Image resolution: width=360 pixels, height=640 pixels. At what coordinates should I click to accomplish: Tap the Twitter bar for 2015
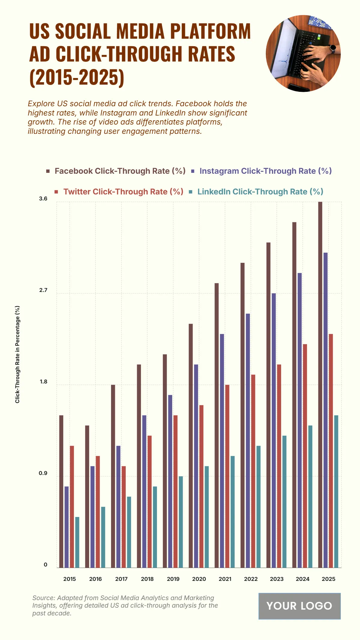pos(72,507)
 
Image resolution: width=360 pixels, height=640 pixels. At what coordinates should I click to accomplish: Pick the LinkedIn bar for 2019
pos(181,522)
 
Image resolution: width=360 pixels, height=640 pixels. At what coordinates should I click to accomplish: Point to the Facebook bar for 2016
pos(87,497)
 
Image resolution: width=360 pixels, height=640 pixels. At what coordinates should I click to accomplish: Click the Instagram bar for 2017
pos(118,507)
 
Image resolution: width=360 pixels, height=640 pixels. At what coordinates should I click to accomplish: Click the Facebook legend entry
pos(120,171)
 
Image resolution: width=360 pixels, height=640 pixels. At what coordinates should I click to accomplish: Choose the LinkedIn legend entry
pos(260,192)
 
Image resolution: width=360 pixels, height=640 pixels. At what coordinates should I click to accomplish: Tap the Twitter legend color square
pos(56,192)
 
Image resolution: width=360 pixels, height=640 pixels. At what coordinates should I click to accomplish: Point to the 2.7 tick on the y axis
pos(43,290)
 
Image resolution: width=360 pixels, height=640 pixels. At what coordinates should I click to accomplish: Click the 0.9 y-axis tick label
pos(43,473)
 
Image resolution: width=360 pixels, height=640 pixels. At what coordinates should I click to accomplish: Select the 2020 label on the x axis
pos(199,579)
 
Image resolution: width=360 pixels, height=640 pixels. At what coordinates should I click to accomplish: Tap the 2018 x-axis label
pos(147,579)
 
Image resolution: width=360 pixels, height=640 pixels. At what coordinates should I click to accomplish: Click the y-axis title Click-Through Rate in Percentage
pos(17,354)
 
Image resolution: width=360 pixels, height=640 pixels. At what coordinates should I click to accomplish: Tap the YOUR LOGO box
pos(299,606)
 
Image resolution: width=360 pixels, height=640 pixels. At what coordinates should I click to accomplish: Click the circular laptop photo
pos(303,53)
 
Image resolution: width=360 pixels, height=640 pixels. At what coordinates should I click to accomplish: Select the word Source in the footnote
pos(43,598)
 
